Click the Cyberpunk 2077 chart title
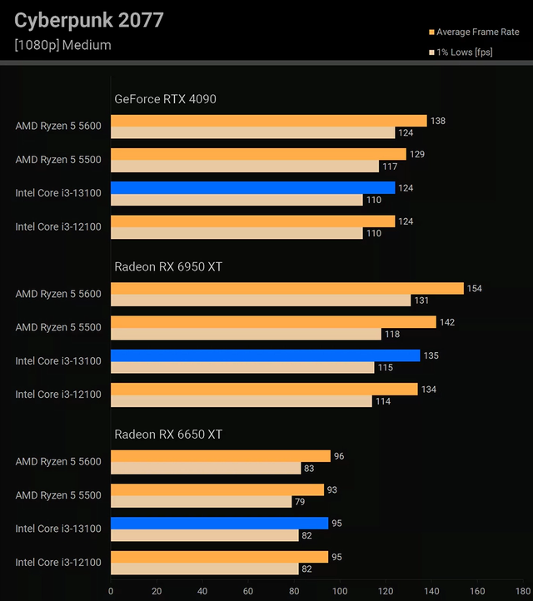point(89,20)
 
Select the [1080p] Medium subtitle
point(62,45)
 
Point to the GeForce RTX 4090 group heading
point(165,99)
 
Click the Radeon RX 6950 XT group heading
point(168,266)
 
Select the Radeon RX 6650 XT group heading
point(168,434)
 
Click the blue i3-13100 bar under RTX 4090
point(252,188)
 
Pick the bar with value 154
point(286,289)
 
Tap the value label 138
point(438,121)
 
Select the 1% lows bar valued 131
point(261,300)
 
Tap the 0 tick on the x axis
point(111,591)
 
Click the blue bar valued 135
point(265,355)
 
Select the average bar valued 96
point(221,456)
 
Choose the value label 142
point(447,322)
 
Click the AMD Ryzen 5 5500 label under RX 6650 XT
point(58,495)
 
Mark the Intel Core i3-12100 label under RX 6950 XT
point(58,395)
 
